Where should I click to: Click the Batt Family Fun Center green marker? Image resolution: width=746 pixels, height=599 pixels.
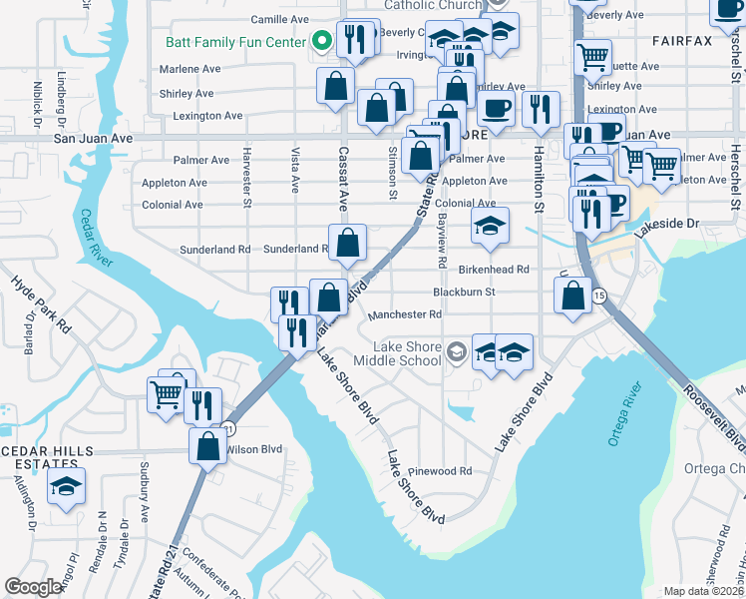point(321,42)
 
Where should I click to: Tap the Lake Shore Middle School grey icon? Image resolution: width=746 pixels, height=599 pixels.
point(456,350)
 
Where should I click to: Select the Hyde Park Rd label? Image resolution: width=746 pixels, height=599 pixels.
point(42,299)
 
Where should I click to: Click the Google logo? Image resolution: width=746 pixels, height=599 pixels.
point(33,587)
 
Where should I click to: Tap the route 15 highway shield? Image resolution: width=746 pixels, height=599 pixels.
point(598,297)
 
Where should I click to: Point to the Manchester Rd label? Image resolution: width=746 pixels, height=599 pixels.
point(405,314)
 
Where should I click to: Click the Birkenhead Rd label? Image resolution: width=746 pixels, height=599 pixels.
point(493,270)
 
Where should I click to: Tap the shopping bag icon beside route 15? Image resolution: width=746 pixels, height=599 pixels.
point(572,296)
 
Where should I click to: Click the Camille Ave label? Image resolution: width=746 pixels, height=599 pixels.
point(280,19)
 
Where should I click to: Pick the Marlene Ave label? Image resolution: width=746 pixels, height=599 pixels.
point(189,70)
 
